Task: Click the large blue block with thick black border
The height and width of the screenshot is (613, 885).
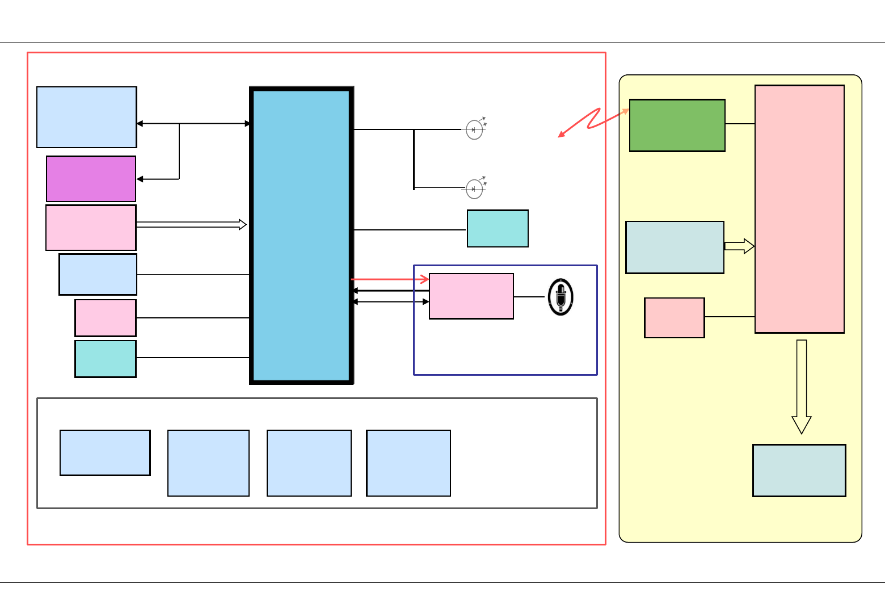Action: [x=301, y=236]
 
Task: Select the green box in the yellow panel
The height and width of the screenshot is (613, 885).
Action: [x=677, y=125]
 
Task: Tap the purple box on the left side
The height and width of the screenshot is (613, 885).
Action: [x=91, y=179]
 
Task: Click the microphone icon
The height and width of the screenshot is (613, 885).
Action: [x=560, y=297]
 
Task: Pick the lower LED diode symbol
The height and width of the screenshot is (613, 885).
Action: [x=474, y=189]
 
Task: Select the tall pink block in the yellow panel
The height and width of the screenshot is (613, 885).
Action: [x=799, y=209]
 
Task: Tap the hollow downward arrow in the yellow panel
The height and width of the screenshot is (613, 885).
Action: [x=802, y=386]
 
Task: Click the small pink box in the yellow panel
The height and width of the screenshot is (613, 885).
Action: [x=675, y=318]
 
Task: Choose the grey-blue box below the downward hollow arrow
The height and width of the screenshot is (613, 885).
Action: [x=799, y=471]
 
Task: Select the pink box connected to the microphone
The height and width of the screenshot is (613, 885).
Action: [x=471, y=296]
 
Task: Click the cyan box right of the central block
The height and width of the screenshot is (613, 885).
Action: [x=498, y=229]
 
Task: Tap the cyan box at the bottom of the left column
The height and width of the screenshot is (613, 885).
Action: [x=106, y=359]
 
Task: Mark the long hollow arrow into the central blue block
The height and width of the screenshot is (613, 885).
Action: [x=191, y=225]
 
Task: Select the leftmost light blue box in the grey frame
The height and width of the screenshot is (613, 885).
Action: [x=105, y=453]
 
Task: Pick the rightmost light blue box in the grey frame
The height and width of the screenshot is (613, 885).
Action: [x=408, y=463]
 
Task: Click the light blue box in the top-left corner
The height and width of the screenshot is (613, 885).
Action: [x=87, y=117]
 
